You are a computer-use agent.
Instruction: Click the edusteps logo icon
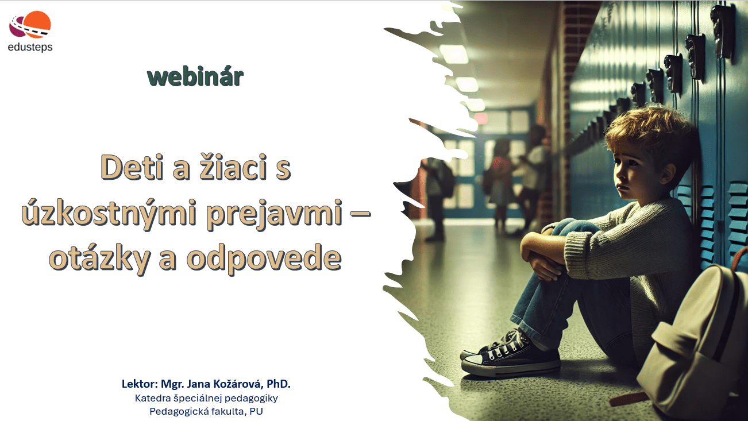[x=30, y=24]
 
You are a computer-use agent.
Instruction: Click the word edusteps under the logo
[x=30, y=48]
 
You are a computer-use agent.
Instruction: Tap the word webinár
[x=195, y=77]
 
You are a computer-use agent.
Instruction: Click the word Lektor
[x=140, y=384]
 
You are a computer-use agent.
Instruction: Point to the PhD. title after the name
[x=279, y=384]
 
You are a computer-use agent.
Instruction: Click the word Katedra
[x=153, y=398]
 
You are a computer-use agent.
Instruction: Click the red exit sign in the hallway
[x=481, y=118]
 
